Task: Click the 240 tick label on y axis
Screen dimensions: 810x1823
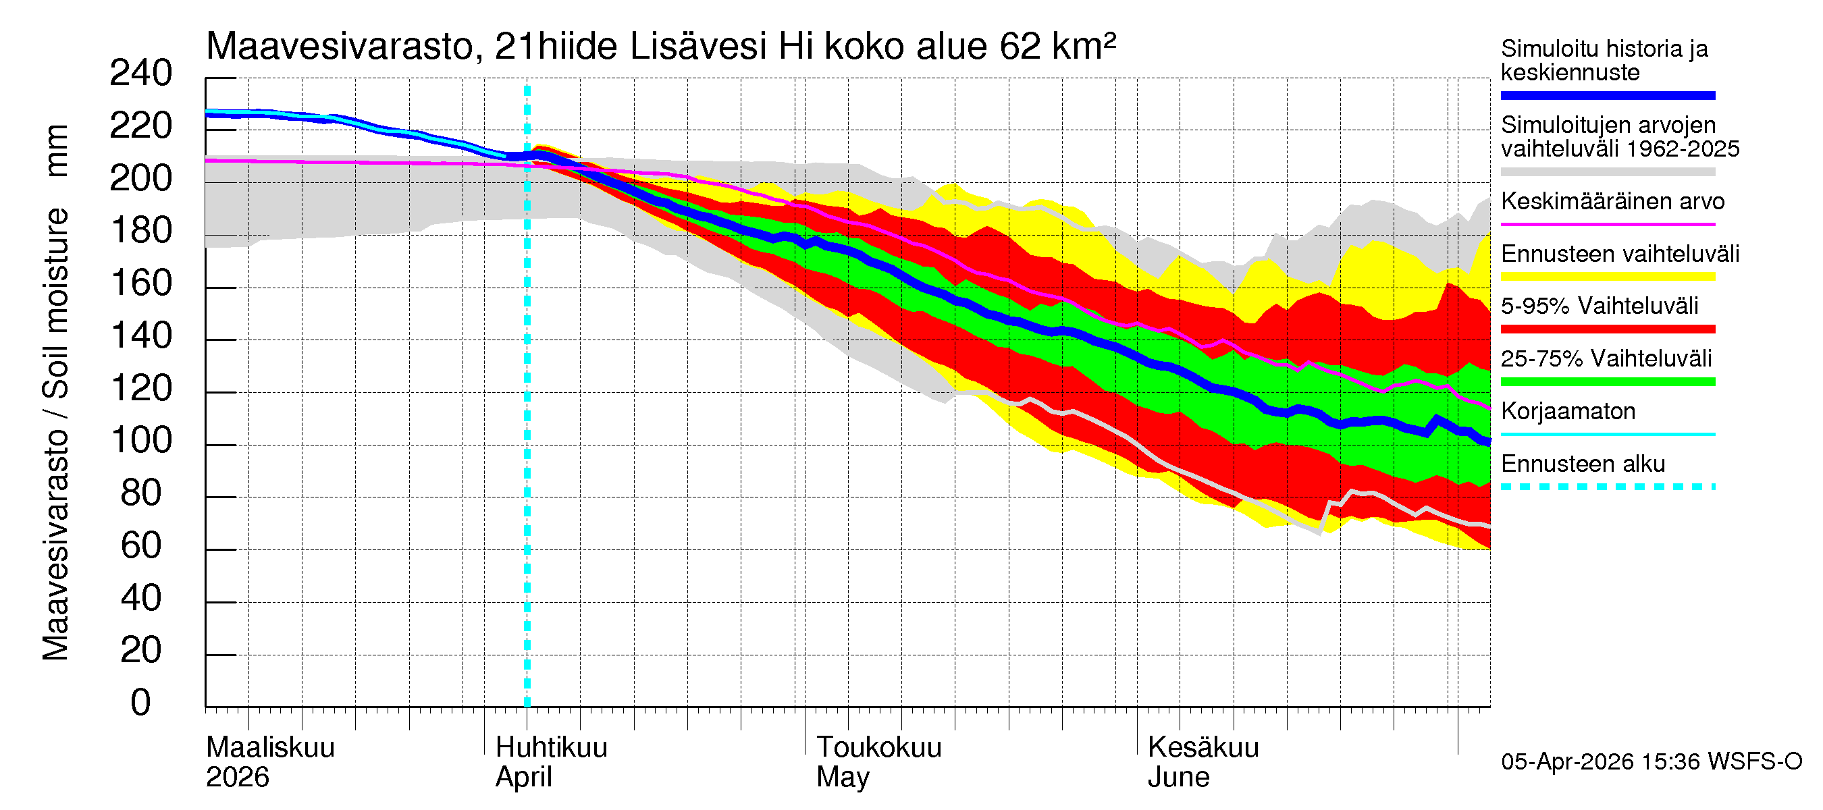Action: coord(140,74)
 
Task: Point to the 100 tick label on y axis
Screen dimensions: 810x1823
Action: coord(142,441)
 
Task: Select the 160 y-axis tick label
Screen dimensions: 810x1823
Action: coord(142,283)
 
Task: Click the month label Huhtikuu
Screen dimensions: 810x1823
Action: coord(550,748)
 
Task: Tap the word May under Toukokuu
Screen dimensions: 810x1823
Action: coord(842,778)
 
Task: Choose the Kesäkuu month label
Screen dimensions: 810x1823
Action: coord(1203,748)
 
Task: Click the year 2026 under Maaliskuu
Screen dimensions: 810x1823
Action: coord(237,778)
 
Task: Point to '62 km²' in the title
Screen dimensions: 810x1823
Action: coord(1057,47)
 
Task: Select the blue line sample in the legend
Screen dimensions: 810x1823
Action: coord(1607,95)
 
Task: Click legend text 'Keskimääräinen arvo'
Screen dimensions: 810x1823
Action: coord(1612,202)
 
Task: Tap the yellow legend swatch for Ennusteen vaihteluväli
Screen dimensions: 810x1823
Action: coord(1607,277)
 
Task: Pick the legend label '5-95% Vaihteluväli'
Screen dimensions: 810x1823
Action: coord(1599,306)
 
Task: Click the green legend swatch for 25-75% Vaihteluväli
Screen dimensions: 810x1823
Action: coord(1607,382)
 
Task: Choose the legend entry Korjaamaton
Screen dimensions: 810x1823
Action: coord(1568,412)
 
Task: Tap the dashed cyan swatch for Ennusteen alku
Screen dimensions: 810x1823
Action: coord(1607,487)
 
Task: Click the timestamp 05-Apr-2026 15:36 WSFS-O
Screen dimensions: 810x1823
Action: coord(1651,762)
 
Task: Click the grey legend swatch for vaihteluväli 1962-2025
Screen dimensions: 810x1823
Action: coord(1607,172)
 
